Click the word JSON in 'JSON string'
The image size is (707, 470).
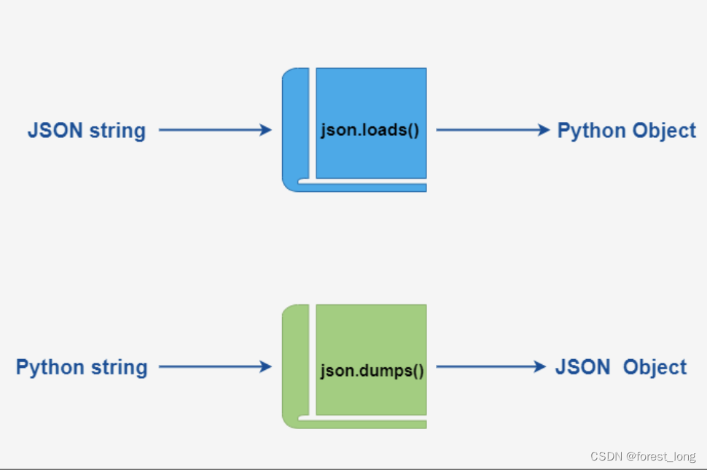click(x=55, y=131)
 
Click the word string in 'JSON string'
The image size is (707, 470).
click(x=117, y=131)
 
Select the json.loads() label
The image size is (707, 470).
click(x=370, y=131)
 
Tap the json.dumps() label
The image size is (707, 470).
click(x=372, y=369)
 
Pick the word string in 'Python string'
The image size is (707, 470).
click(x=119, y=368)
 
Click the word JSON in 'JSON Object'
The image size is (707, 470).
click(x=583, y=366)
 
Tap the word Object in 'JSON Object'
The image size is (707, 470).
click(x=655, y=366)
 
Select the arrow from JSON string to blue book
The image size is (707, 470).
click(x=214, y=131)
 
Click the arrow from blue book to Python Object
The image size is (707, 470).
click(x=492, y=131)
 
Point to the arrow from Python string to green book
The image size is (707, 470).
click(x=214, y=367)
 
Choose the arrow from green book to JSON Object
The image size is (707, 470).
click(x=490, y=367)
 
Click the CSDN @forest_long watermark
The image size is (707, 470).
click(x=642, y=457)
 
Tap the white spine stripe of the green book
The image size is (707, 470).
click(x=312, y=361)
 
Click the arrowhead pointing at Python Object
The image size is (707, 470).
click(x=543, y=131)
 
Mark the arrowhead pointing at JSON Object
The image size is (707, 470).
click(x=539, y=367)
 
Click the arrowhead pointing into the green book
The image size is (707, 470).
click(x=265, y=367)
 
